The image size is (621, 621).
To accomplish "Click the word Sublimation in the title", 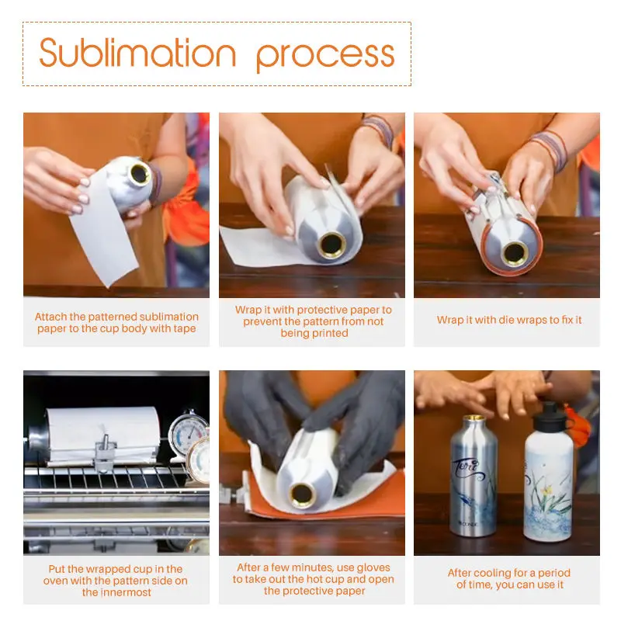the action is [x=137, y=53].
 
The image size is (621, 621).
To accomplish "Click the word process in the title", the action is [x=325, y=56].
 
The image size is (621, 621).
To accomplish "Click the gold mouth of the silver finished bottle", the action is [x=474, y=418].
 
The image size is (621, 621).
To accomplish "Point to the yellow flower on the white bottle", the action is [x=548, y=491].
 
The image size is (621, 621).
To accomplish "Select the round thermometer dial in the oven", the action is [x=186, y=432].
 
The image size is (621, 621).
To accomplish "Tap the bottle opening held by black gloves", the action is [x=302, y=494].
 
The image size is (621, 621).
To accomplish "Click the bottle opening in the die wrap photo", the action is [x=515, y=252].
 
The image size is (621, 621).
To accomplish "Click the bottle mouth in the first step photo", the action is [x=140, y=173].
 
